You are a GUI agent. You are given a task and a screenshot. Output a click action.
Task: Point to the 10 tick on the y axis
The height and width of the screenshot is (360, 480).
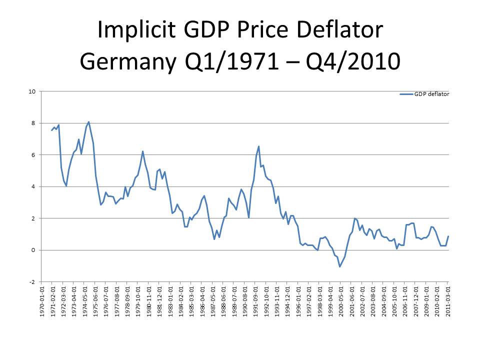pos(32,91)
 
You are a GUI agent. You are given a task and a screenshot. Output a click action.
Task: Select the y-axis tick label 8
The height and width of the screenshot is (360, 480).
pos(34,123)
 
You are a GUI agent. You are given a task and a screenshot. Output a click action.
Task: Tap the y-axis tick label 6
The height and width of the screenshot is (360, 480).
pos(34,155)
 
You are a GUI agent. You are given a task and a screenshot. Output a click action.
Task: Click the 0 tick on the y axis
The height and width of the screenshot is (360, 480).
pos(34,250)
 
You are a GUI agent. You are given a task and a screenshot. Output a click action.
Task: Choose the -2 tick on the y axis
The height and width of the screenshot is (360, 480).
pos(33,281)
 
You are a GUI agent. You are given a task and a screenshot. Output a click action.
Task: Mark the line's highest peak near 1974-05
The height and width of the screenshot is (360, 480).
pos(88,121)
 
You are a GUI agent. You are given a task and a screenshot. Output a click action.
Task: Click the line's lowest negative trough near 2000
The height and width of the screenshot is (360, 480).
pos(340,266)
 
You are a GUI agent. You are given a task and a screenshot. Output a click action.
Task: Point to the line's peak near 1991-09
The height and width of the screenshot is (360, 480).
pos(258,146)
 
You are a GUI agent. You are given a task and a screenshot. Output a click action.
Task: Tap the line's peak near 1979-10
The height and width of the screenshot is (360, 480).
pos(142,151)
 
